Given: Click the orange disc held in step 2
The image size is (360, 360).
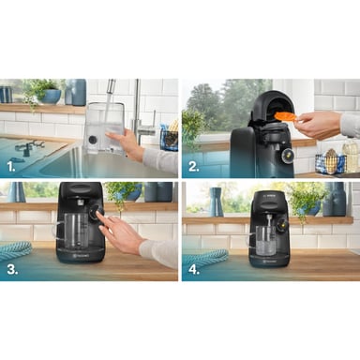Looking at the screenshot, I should point(284,116).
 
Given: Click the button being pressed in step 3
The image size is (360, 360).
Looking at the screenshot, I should point(95,215).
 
